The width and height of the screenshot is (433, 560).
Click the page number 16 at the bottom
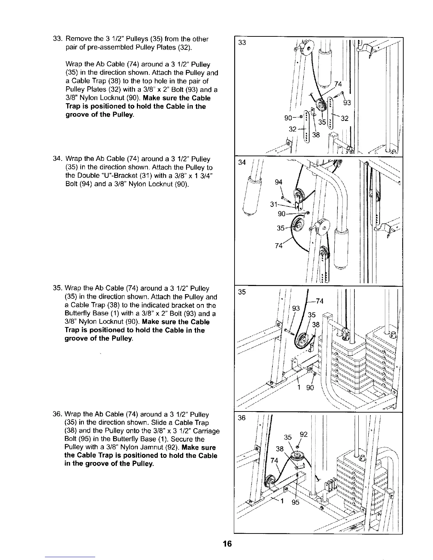tap(227, 544)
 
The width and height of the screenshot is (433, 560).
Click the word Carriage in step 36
tap(207, 431)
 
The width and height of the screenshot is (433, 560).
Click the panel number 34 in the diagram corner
tap(242, 163)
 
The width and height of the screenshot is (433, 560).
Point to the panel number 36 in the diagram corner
tap(242, 418)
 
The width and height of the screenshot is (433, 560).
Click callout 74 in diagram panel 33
tap(339, 84)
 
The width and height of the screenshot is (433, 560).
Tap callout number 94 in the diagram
tap(279, 183)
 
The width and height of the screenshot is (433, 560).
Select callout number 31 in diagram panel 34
tap(274, 204)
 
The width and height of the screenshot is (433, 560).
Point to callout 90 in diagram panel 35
tap(310, 388)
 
